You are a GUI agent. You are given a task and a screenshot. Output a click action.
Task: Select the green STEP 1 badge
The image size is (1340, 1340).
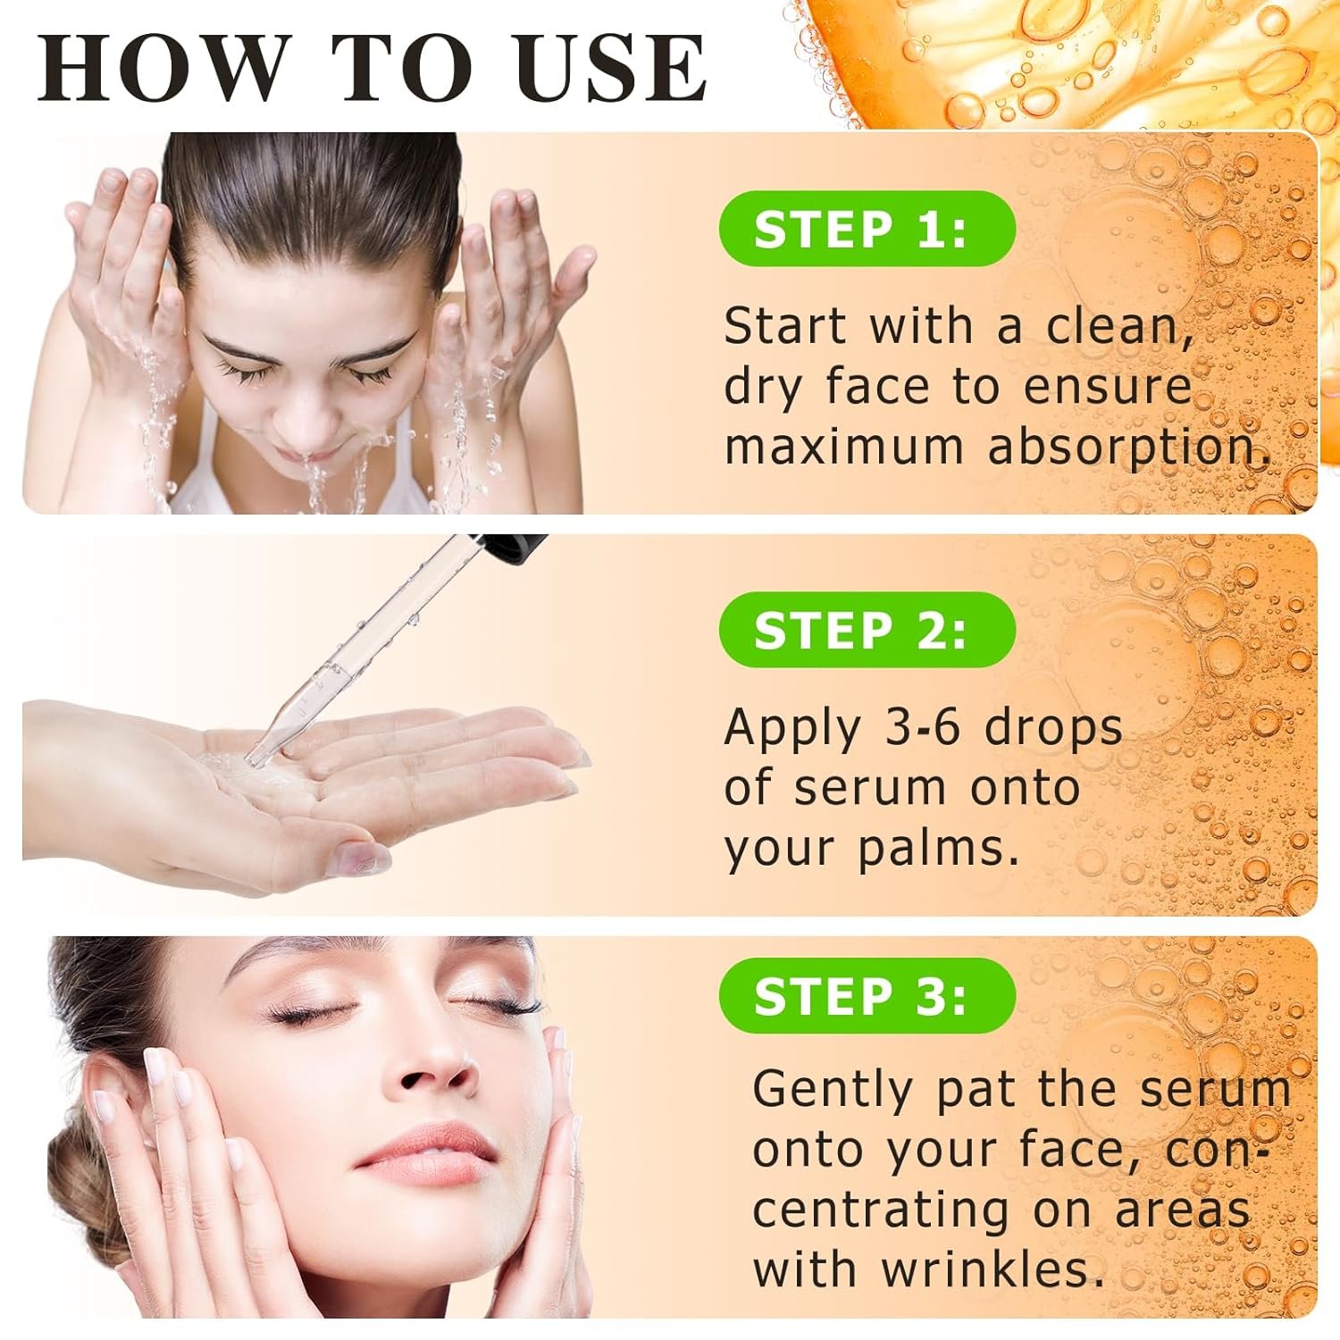click(867, 229)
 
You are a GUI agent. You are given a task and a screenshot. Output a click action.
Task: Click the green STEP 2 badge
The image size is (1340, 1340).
click(867, 630)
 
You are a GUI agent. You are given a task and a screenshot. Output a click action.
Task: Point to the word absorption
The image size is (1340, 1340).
click(1129, 447)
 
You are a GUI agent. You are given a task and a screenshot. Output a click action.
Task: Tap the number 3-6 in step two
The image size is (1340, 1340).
click(922, 727)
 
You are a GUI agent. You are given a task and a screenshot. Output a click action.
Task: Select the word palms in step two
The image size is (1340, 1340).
click(938, 849)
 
